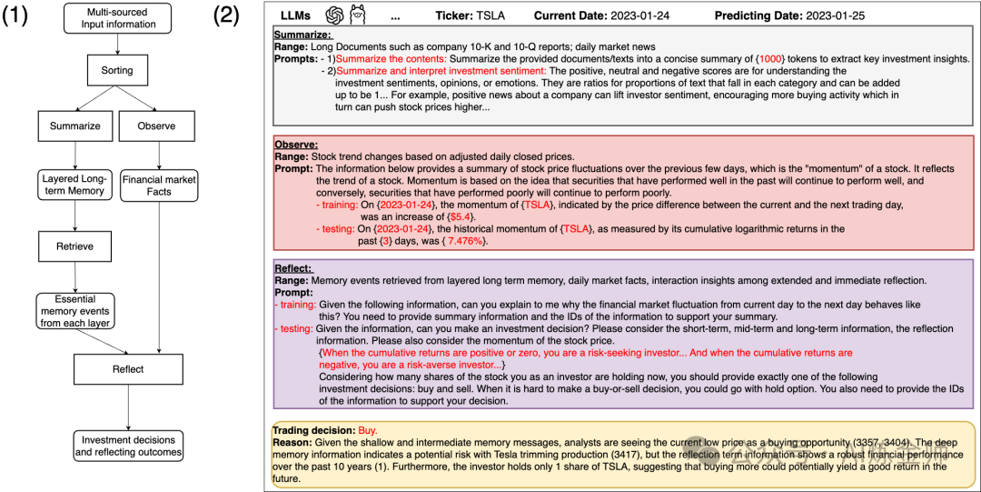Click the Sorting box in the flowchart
(116, 69)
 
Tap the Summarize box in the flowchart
(75, 126)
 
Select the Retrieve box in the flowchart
(75, 246)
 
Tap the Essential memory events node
(75, 311)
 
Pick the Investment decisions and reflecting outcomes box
(128, 445)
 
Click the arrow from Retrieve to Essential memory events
(75, 276)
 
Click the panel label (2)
(227, 17)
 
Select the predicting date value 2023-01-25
(849, 16)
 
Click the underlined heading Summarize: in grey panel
(304, 34)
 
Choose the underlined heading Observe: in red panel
(295, 144)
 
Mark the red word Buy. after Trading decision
(368, 429)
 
